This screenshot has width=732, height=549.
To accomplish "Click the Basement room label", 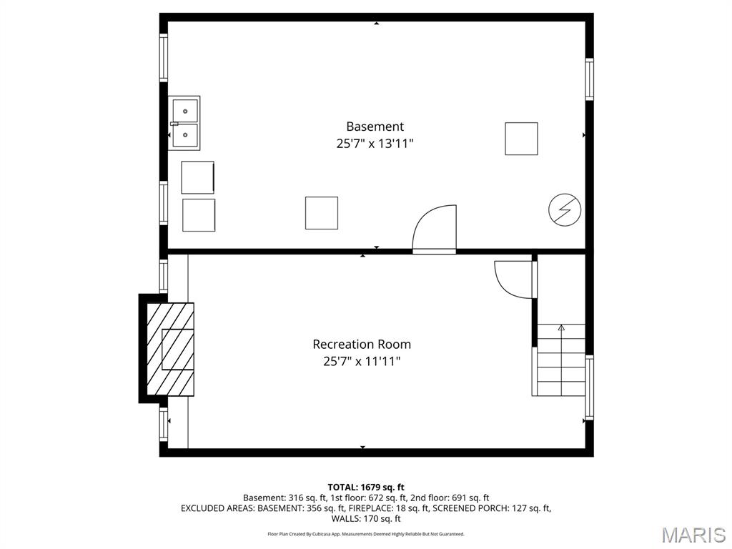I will [x=375, y=127].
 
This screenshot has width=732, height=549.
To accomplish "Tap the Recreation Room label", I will [x=362, y=344].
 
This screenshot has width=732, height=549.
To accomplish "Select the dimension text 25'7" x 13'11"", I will [x=375, y=144].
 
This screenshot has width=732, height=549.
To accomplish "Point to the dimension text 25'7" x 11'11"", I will [x=362, y=361].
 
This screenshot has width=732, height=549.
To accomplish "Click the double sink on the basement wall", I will [x=185, y=123].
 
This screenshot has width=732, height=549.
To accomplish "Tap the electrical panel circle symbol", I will [x=565, y=209].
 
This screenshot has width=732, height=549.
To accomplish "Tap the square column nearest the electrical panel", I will [x=521, y=139].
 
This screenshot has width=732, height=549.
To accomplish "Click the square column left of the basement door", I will [x=322, y=213].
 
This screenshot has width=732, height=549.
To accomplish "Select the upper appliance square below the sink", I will [x=198, y=177].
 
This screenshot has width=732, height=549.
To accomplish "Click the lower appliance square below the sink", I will [x=199, y=215].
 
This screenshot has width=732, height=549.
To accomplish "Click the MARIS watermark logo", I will [x=693, y=535].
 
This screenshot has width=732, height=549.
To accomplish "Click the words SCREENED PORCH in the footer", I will [x=470, y=508].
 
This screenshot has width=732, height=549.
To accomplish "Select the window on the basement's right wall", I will [x=589, y=79].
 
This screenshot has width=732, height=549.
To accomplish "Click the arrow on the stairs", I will [x=561, y=328].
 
